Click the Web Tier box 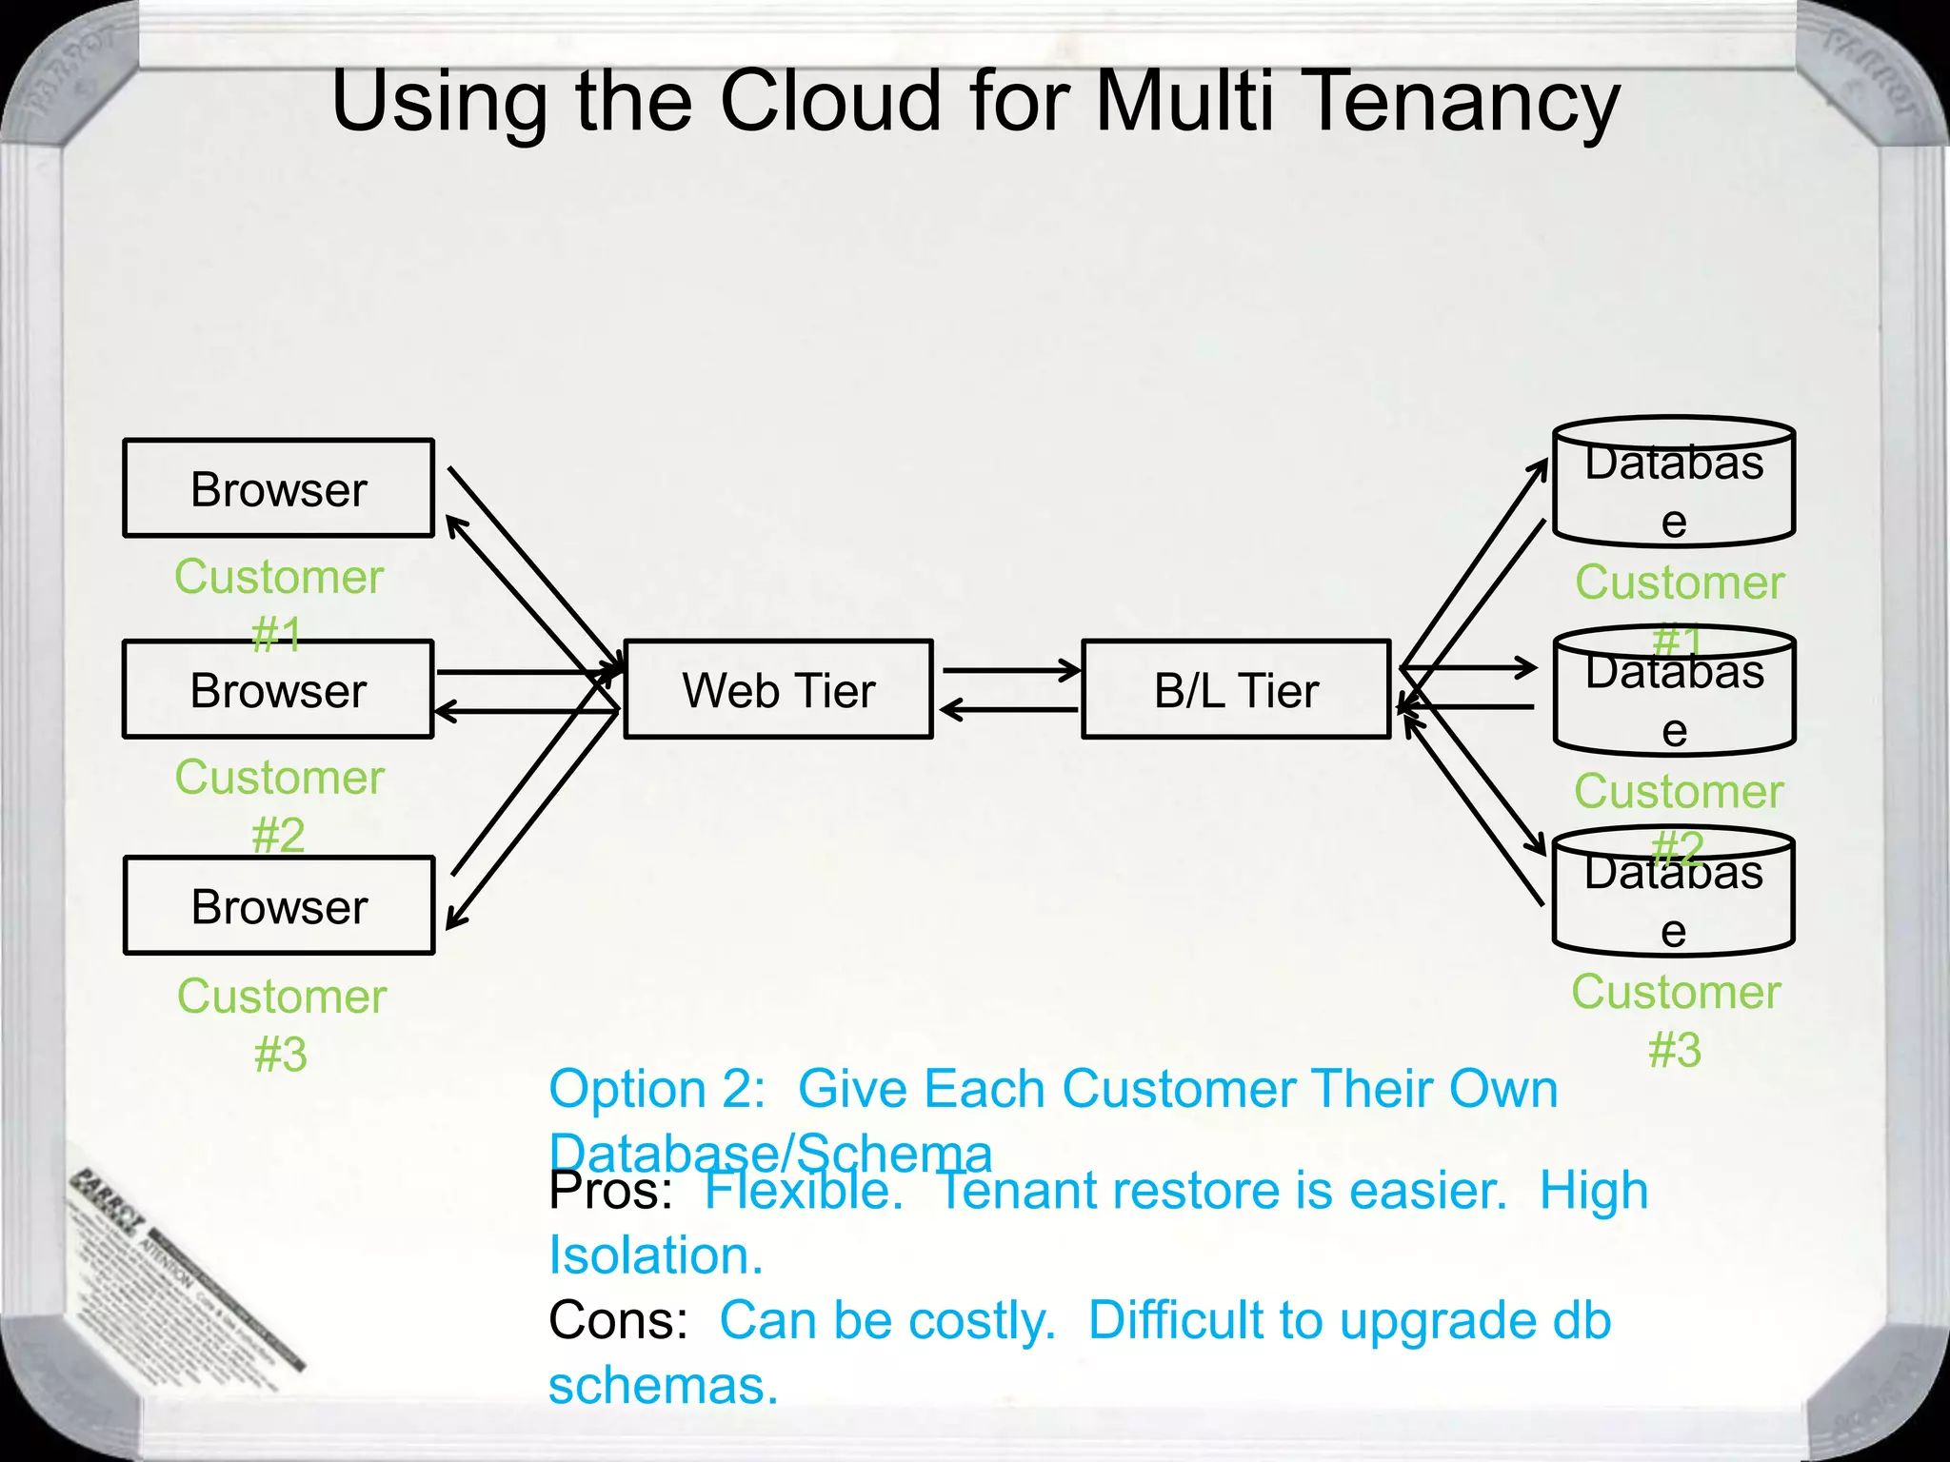[x=778, y=689]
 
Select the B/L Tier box [x=1236, y=689]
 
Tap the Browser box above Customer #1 [x=278, y=488]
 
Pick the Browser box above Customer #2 [x=278, y=689]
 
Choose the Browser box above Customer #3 [x=279, y=905]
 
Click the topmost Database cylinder [x=1674, y=483]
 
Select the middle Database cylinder [x=1674, y=692]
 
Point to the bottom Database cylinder [x=1673, y=893]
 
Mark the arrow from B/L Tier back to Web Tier [x=1009, y=709]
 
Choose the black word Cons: [x=618, y=1320]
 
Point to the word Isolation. [x=655, y=1255]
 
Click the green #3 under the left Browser [x=281, y=1055]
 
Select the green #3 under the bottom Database [x=1674, y=1050]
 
